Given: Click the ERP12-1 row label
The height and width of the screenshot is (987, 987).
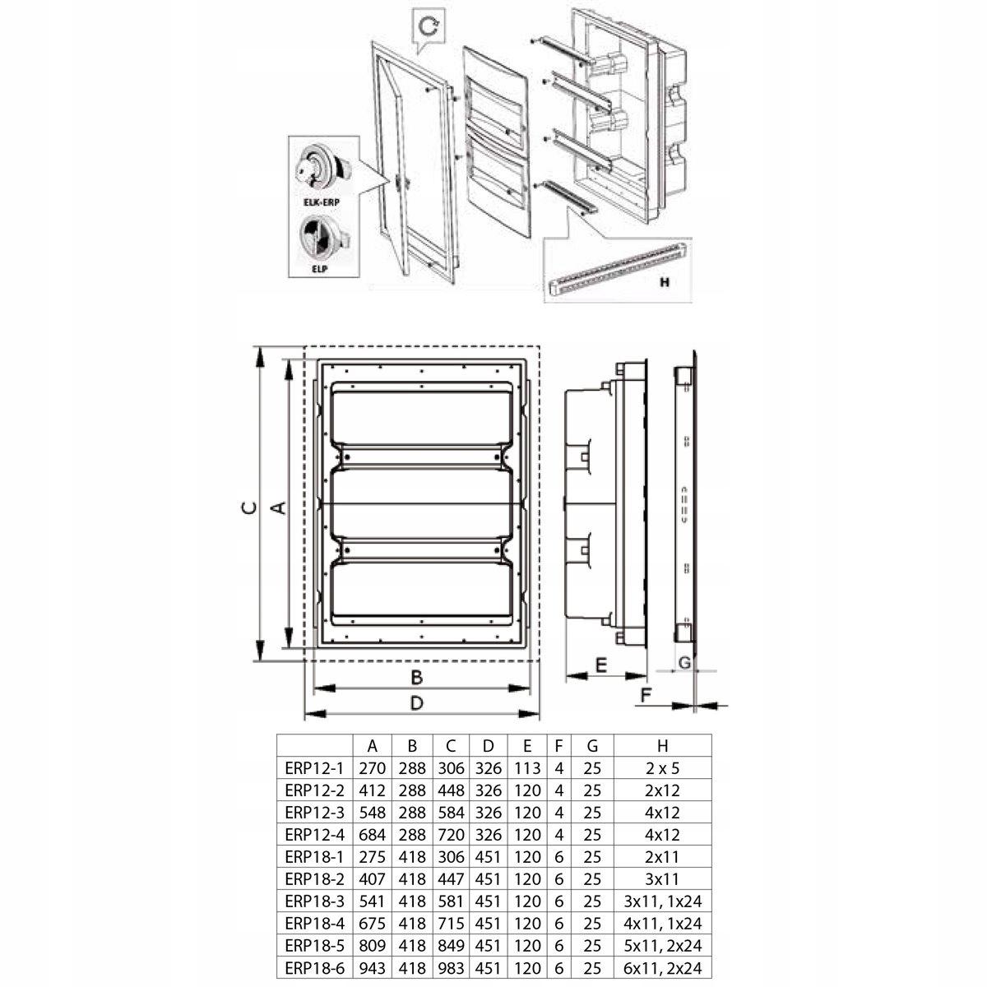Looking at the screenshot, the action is coord(314,768).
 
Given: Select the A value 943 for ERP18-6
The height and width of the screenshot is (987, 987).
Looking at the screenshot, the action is coord(372,968).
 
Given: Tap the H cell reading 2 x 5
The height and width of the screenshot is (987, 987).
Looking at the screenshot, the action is coord(662,768).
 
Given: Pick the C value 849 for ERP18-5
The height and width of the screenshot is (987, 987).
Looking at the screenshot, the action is coord(451,946).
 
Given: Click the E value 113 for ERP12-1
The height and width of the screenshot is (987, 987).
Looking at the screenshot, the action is coord(527,768).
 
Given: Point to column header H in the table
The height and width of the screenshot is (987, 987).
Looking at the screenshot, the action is coord(662,746).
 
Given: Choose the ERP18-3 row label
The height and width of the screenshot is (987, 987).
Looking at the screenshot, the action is coord(314,901).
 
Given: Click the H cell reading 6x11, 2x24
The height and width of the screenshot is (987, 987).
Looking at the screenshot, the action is coord(662,968).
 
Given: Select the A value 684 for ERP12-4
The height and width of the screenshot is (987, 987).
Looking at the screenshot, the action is coord(372,834).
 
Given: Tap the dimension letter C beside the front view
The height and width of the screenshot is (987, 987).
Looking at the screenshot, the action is coord(249,507).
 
